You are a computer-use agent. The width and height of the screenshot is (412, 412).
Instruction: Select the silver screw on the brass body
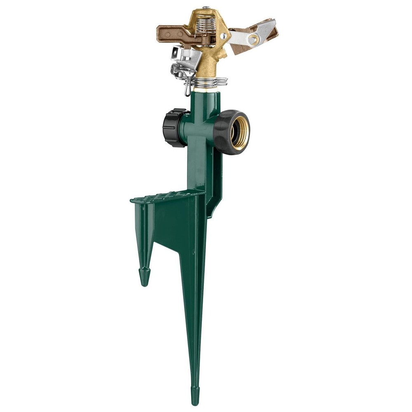tap(223, 37)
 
